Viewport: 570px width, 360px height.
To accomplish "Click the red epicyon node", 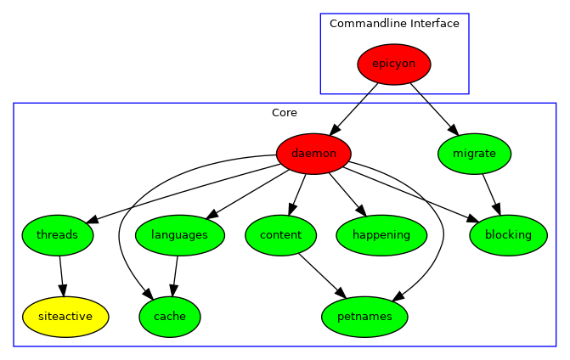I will (394, 65).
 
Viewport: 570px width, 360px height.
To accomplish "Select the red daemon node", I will (313, 154).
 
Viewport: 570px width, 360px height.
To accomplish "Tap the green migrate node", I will (474, 154).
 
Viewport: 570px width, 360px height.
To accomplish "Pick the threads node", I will (58, 235).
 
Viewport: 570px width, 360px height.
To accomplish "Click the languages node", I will (178, 235).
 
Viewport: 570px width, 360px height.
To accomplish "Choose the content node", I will (280, 235).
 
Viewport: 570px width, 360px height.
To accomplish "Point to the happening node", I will (381, 235).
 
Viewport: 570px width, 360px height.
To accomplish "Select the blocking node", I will (508, 235).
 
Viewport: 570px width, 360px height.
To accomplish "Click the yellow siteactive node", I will (65, 317).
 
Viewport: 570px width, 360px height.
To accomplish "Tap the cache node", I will (170, 317).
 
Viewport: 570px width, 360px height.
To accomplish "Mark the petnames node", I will (364, 317).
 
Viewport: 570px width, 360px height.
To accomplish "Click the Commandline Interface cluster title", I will (394, 24).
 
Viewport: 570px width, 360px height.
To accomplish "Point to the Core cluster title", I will (285, 113).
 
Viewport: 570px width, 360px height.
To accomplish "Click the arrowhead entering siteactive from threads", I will (63, 290).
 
